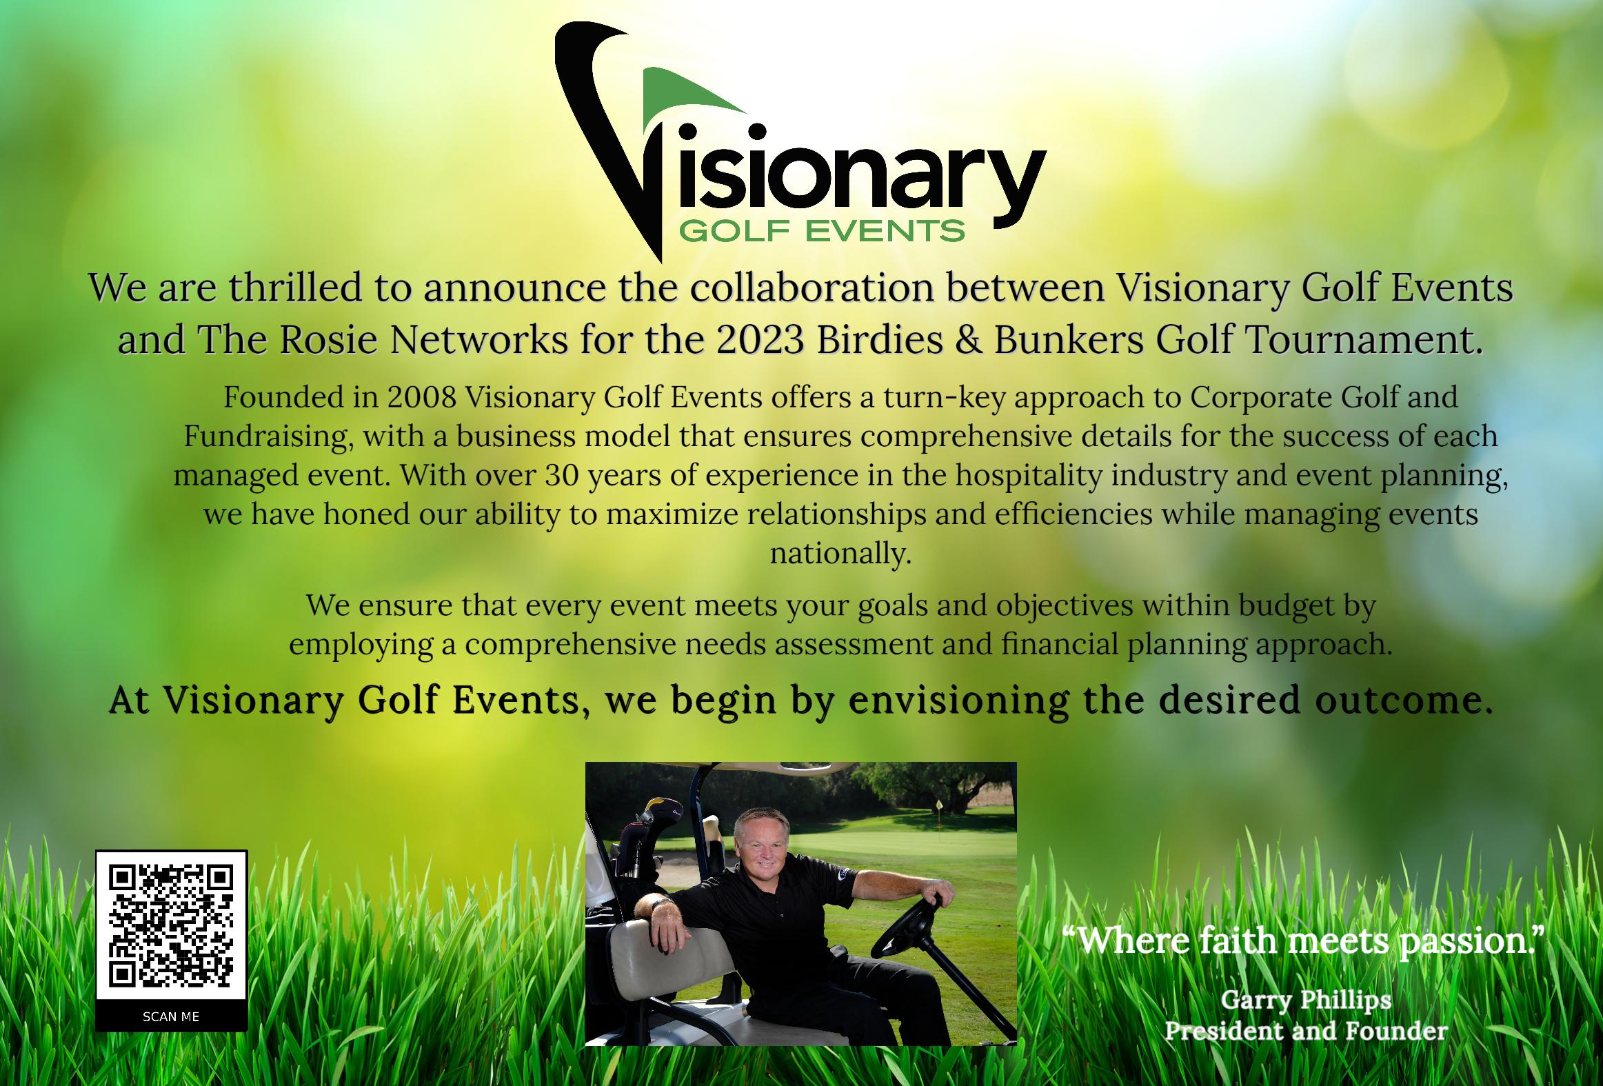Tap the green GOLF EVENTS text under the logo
point(822,230)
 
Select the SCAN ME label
point(171,1016)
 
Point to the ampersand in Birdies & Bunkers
point(969,339)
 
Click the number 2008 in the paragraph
point(421,396)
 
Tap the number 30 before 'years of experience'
point(561,474)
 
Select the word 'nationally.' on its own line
point(841,553)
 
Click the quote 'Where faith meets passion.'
point(1302,940)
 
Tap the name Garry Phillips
point(1306,999)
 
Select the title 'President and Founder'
point(1306,1031)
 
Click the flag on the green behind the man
point(939,806)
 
